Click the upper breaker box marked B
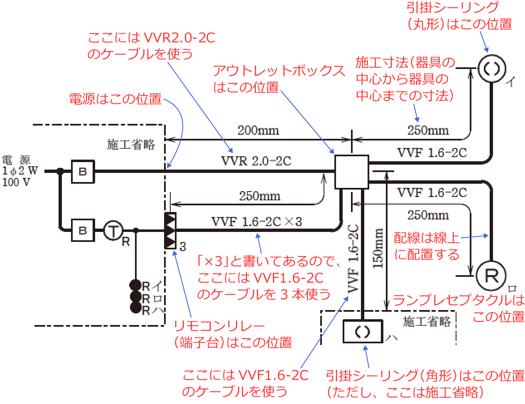[x=83, y=171]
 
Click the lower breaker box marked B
[x=83, y=230]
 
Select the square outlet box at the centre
[x=351, y=172]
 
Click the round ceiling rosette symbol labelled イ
[x=491, y=68]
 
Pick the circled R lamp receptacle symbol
[x=491, y=275]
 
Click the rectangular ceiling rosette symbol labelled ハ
[x=363, y=331]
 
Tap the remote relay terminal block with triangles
[x=170, y=230]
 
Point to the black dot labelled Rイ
[x=136, y=285]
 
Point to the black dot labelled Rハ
[x=136, y=308]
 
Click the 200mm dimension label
[x=258, y=131]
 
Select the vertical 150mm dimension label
[x=378, y=248]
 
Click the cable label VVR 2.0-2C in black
[x=256, y=161]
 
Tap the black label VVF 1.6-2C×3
[x=256, y=222]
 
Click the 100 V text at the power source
[x=16, y=182]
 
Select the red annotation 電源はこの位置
[x=115, y=99]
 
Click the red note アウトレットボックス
[x=279, y=71]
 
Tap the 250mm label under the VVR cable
[x=260, y=196]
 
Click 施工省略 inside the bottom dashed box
[x=427, y=321]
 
